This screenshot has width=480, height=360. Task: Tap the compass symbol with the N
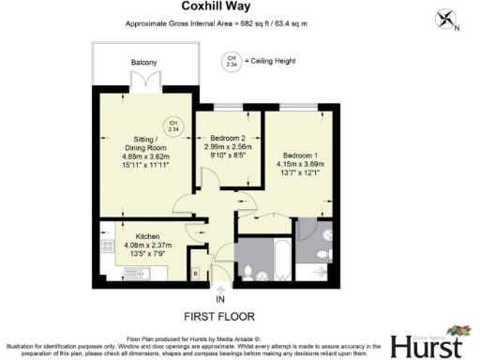445,19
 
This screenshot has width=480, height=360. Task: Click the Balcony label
143,63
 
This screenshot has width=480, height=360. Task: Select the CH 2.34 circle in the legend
231,62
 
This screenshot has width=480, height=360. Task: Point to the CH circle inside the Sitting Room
172,126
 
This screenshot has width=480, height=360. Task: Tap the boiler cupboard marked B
194,272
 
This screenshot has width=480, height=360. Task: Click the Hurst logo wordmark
424,345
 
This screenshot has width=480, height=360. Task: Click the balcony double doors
143,85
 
